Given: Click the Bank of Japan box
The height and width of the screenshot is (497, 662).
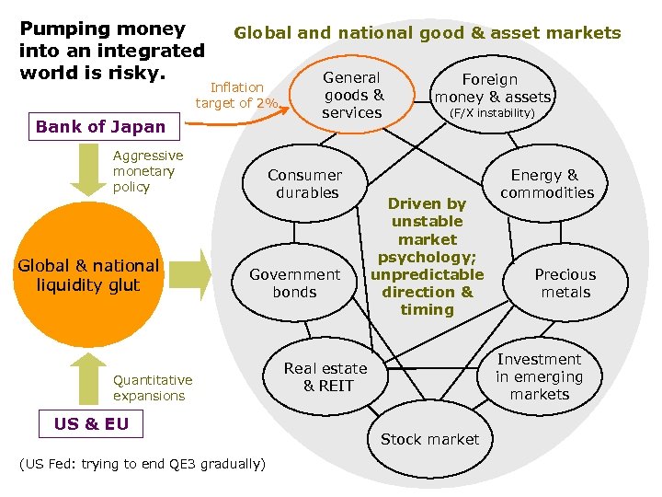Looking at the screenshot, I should (x=100, y=127).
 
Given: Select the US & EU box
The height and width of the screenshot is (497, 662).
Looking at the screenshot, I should (x=91, y=424).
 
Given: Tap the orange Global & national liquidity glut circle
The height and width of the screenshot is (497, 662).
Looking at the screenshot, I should (x=88, y=275).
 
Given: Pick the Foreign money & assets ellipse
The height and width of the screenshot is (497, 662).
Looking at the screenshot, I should (x=492, y=89).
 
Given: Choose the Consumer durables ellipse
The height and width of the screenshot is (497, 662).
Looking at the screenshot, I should (x=304, y=184).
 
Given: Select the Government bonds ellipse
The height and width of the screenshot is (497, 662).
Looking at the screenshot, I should (x=294, y=283).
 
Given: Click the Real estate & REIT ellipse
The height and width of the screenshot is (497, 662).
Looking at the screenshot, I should (x=325, y=377).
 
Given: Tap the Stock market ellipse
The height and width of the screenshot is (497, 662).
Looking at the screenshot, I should (x=429, y=440).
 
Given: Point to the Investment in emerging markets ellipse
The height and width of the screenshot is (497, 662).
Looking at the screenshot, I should (x=540, y=376).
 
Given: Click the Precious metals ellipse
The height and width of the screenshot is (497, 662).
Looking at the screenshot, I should (x=565, y=283).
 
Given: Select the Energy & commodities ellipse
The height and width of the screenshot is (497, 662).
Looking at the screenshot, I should (x=547, y=184).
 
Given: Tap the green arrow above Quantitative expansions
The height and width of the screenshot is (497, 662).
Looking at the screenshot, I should (x=88, y=378).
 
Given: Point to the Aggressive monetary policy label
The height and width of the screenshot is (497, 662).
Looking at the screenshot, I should (x=147, y=171).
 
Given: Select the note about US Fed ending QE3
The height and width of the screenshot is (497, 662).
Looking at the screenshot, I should (x=143, y=464).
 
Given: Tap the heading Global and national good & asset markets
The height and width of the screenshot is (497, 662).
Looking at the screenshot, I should (x=428, y=34).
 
